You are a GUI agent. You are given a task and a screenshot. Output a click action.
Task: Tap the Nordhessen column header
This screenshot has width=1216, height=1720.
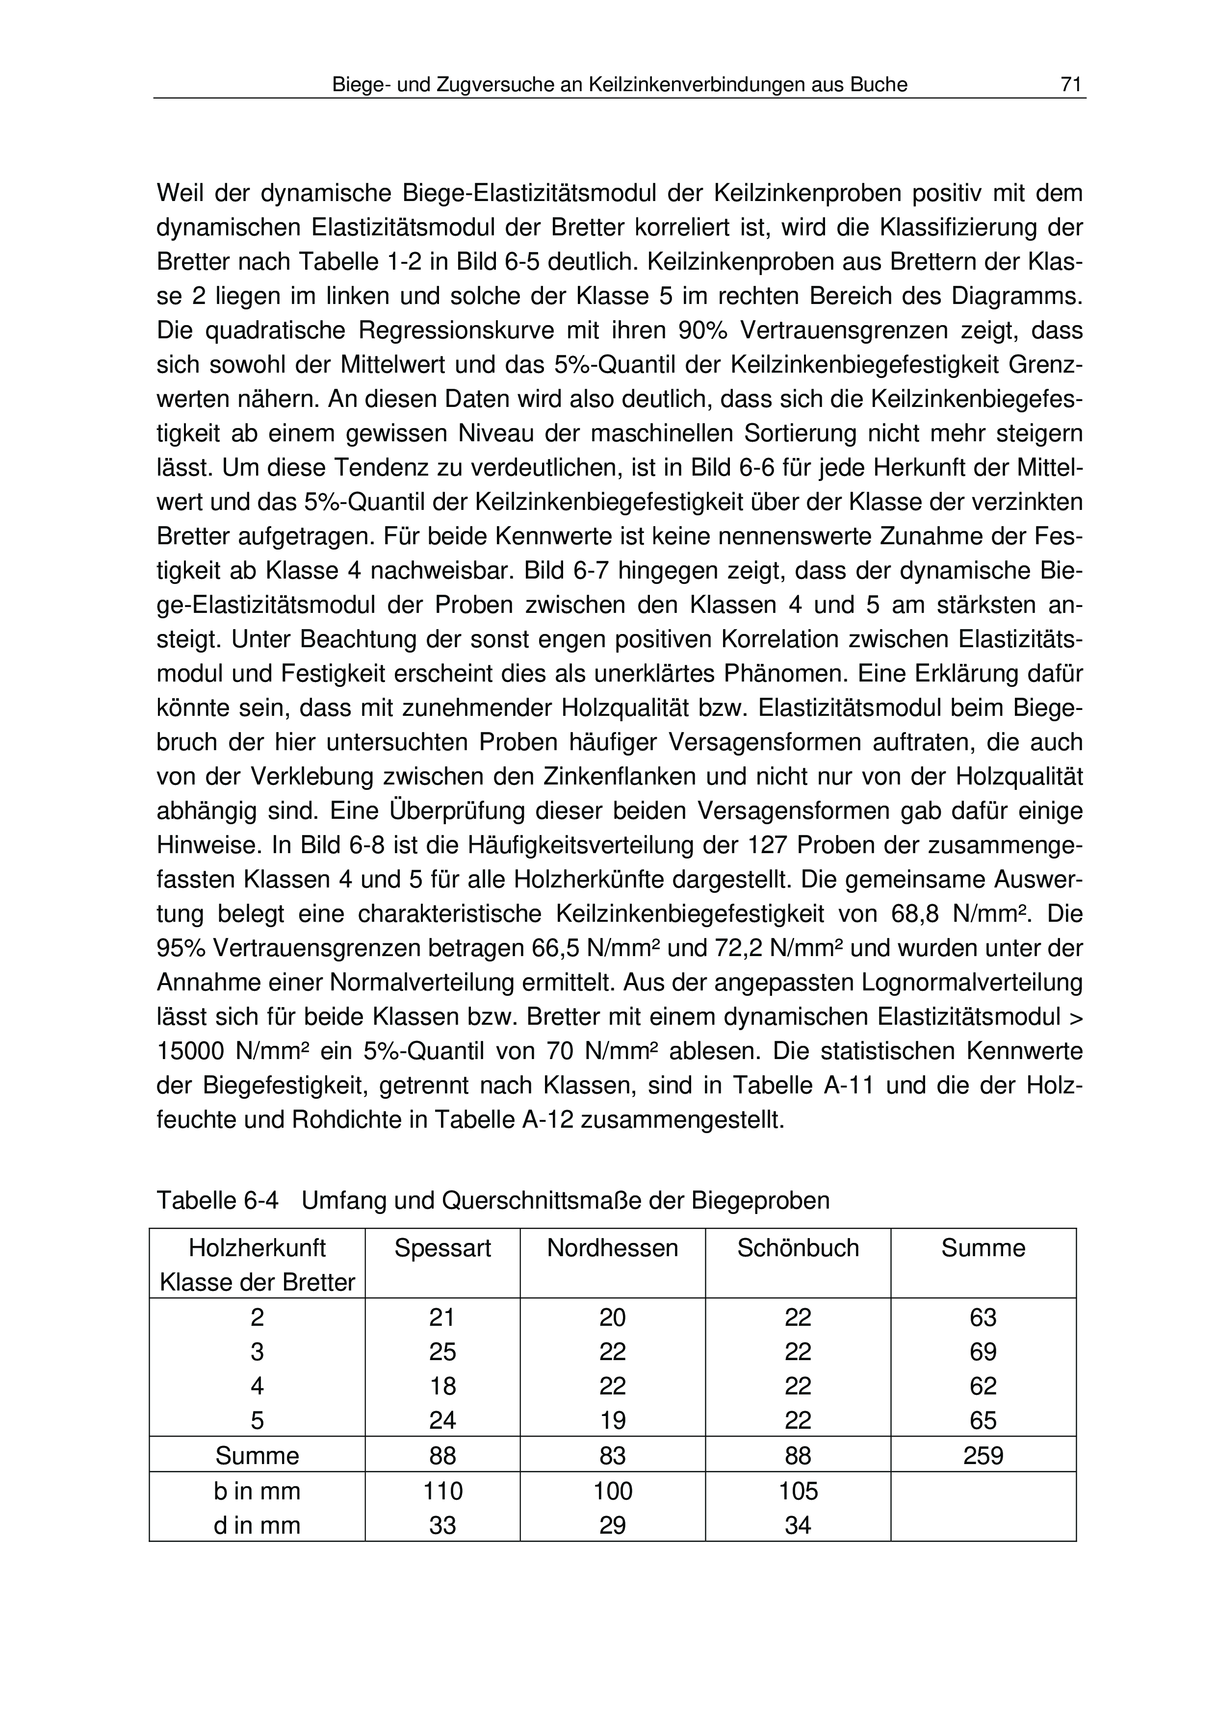click(612, 1248)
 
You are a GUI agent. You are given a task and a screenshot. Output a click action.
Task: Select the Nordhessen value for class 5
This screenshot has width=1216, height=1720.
click(612, 1421)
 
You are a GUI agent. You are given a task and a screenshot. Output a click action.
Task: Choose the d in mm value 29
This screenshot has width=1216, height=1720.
click(612, 1525)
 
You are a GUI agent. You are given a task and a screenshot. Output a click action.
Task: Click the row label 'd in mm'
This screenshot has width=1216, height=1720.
click(257, 1525)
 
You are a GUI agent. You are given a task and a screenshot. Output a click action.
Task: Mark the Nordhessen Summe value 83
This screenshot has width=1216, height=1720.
click(612, 1456)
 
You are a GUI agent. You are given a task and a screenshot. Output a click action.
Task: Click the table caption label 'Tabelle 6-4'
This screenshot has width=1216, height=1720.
click(217, 1201)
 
